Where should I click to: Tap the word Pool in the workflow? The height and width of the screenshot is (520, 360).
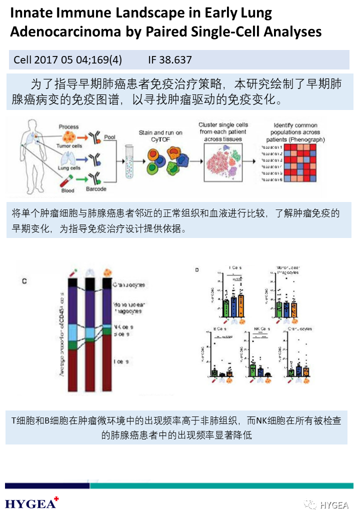pyautogui.click(x=109, y=136)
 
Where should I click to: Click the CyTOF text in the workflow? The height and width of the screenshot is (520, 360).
pyautogui.click(x=160, y=140)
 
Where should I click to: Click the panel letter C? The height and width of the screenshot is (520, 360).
pyautogui.click(x=24, y=281)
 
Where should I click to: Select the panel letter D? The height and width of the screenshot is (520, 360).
pyautogui.click(x=197, y=270)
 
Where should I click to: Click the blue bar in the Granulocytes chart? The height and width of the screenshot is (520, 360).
pyautogui.click(x=299, y=370)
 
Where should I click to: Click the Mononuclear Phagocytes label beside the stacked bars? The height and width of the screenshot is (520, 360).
pyautogui.click(x=127, y=307)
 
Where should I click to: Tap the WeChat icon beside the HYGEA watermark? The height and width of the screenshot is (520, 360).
pyautogui.click(x=311, y=504)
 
